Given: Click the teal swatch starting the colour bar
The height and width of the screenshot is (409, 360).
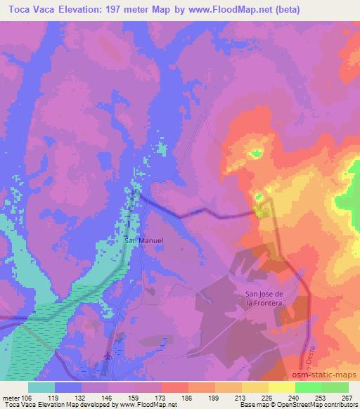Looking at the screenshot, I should click(41, 387).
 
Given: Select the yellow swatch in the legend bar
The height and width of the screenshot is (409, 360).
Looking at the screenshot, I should click(282, 387).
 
